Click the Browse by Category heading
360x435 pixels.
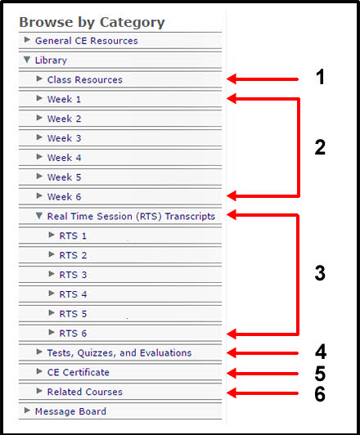click(x=92, y=22)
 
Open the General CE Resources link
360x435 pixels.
click(x=87, y=41)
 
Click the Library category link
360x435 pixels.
click(x=51, y=61)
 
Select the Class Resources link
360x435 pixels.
click(x=84, y=80)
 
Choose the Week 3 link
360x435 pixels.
click(x=64, y=138)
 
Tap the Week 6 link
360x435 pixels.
click(x=64, y=197)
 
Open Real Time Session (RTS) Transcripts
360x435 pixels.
click(x=131, y=217)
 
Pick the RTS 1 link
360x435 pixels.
click(x=73, y=235)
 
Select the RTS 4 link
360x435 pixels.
click(x=73, y=294)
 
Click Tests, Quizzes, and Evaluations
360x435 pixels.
click(x=119, y=353)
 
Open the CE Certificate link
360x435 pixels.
click(x=79, y=372)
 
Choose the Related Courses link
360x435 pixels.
click(x=84, y=392)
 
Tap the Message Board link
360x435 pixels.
click(x=70, y=411)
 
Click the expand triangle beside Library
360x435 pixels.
click(x=27, y=60)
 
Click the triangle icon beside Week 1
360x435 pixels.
click(x=39, y=98)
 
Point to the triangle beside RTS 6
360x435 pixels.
click(x=52, y=332)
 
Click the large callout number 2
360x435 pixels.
click(x=320, y=147)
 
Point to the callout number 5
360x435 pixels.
click(x=320, y=374)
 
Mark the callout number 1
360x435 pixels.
click(x=320, y=77)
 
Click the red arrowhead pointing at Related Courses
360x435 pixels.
click(x=232, y=393)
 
